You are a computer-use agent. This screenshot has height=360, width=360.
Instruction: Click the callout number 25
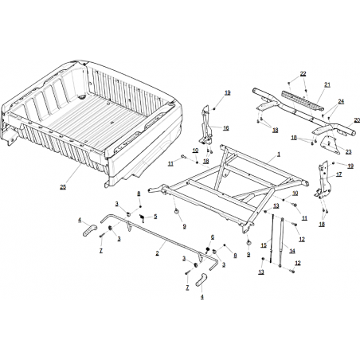pyautogui.click(x=63, y=187)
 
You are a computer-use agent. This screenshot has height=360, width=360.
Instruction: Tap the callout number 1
pyautogui.click(x=279, y=154)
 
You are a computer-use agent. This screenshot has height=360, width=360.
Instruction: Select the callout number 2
pyautogui.click(x=157, y=253)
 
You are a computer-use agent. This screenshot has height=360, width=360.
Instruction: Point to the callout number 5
pyautogui.click(x=155, y=217)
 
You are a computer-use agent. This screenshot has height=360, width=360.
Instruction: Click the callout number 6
pyautogui.click(x=213, y=237)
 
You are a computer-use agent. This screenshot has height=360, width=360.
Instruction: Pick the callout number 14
pyautogui.click(x=292, y=251)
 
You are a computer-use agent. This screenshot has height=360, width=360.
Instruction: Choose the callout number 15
pyautogui.click(x=264, y=245)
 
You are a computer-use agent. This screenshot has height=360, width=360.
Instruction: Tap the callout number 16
pyautogui.click(x=225, y=128)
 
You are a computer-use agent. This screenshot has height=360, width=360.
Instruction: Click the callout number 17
pyautogui.click(x=339, y=174)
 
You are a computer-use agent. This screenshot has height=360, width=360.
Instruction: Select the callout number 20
pyautogui.click(x=357, y=120)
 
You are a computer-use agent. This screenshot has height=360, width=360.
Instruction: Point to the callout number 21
pyautogui.click(x=327, y=84)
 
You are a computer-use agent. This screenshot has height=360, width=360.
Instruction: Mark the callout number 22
pyautogui.click(x=303, y=73)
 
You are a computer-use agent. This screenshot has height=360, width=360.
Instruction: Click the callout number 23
pyautogui.click(x=348, y=151)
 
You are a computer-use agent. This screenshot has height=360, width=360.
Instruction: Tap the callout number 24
pyautogui.click(x=341, y=101)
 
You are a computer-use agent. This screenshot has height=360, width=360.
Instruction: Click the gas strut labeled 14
pyautogui.click(x=281, y=241)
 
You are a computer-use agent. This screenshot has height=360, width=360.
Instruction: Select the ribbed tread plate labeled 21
pyautogui.click(x=303, y=100)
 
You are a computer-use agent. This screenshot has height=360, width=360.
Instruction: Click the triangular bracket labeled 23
pyautogui.click(x=330, y=145)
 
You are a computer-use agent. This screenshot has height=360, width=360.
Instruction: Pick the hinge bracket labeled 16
pyautogui.click(x=206, y=125)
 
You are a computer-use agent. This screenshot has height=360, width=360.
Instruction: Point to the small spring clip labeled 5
pyautogui.click(x=143, y=217)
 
